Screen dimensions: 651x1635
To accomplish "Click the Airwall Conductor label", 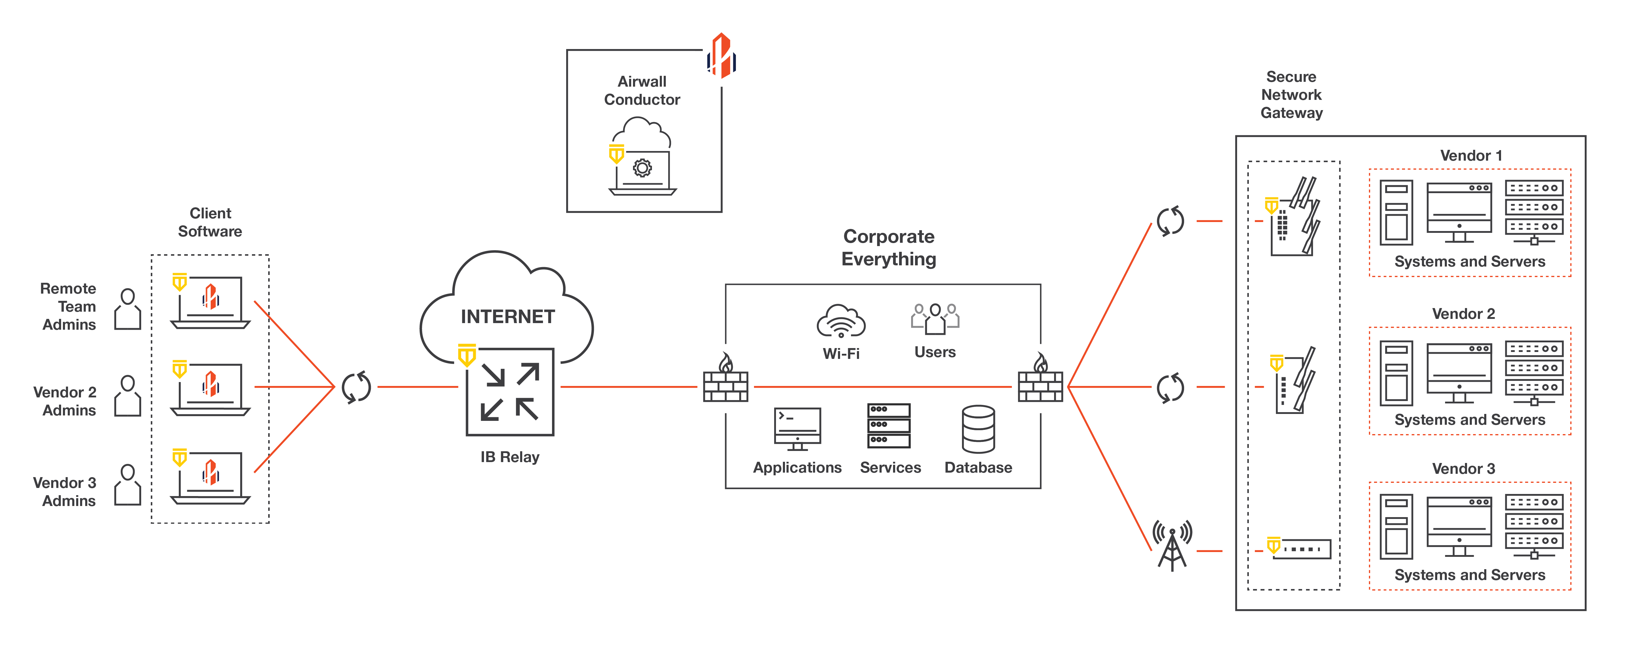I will coord(642,91).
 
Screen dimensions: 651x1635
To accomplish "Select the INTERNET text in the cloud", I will coord(508,316).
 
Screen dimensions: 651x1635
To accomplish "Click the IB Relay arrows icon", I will coord(510,391).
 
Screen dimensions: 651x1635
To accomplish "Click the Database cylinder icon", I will coord(978,430).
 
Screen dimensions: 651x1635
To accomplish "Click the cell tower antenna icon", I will coord(1172,546).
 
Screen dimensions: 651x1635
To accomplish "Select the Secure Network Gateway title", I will coord(1291,94).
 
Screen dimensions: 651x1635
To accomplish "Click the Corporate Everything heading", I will coord(889,248).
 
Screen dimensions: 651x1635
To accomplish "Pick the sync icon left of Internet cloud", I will coord(356,387).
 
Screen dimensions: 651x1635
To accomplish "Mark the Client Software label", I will coord(210,222).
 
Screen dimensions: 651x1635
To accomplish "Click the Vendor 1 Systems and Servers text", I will coord(1469,261).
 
